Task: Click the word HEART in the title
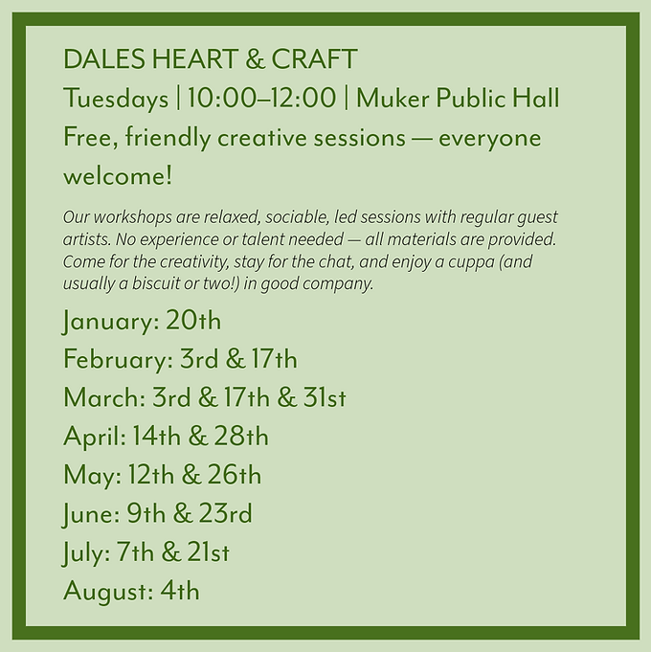(x=193, y=59)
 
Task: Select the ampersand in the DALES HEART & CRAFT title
(x=254, y=59)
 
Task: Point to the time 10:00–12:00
(x=261, y=99)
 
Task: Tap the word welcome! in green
(x=118, y=176)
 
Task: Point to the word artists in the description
(x=81, y=236)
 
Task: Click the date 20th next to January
(x=193, y=320)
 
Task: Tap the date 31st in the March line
(x=325, y=397)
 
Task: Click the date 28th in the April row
(x=242, y=437)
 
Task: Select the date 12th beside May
(x=168, y=475)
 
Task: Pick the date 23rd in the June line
(x=226, y=513)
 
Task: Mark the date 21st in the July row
(x=203, y=552)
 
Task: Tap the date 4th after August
(x=180, y=591)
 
